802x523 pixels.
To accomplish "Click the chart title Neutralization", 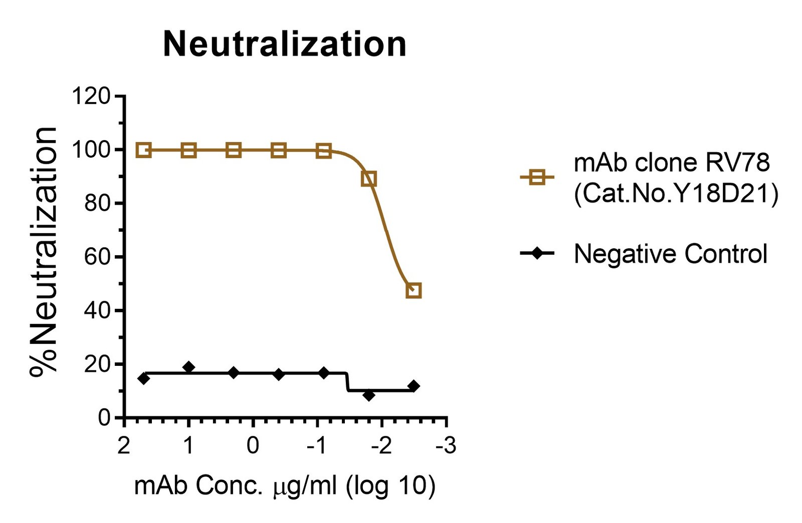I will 285,45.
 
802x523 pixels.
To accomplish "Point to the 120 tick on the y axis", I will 91,96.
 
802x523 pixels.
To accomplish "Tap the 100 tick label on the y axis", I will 91,150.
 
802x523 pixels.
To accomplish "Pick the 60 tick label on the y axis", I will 97,257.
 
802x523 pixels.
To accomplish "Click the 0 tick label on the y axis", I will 104,417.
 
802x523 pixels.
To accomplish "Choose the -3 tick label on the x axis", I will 446,445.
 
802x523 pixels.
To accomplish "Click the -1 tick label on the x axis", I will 317,445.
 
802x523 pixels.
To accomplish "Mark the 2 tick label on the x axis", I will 124,445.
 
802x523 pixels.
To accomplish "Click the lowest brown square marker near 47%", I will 414,290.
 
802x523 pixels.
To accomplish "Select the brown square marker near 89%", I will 369,179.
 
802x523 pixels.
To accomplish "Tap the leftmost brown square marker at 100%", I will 144,150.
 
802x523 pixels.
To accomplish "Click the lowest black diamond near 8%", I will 369,395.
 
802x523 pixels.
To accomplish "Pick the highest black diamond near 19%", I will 188,367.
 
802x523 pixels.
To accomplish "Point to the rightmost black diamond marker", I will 414,386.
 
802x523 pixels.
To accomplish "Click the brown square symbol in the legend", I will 537,177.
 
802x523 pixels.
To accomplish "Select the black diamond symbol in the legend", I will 537,253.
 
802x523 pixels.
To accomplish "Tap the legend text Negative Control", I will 670,254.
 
